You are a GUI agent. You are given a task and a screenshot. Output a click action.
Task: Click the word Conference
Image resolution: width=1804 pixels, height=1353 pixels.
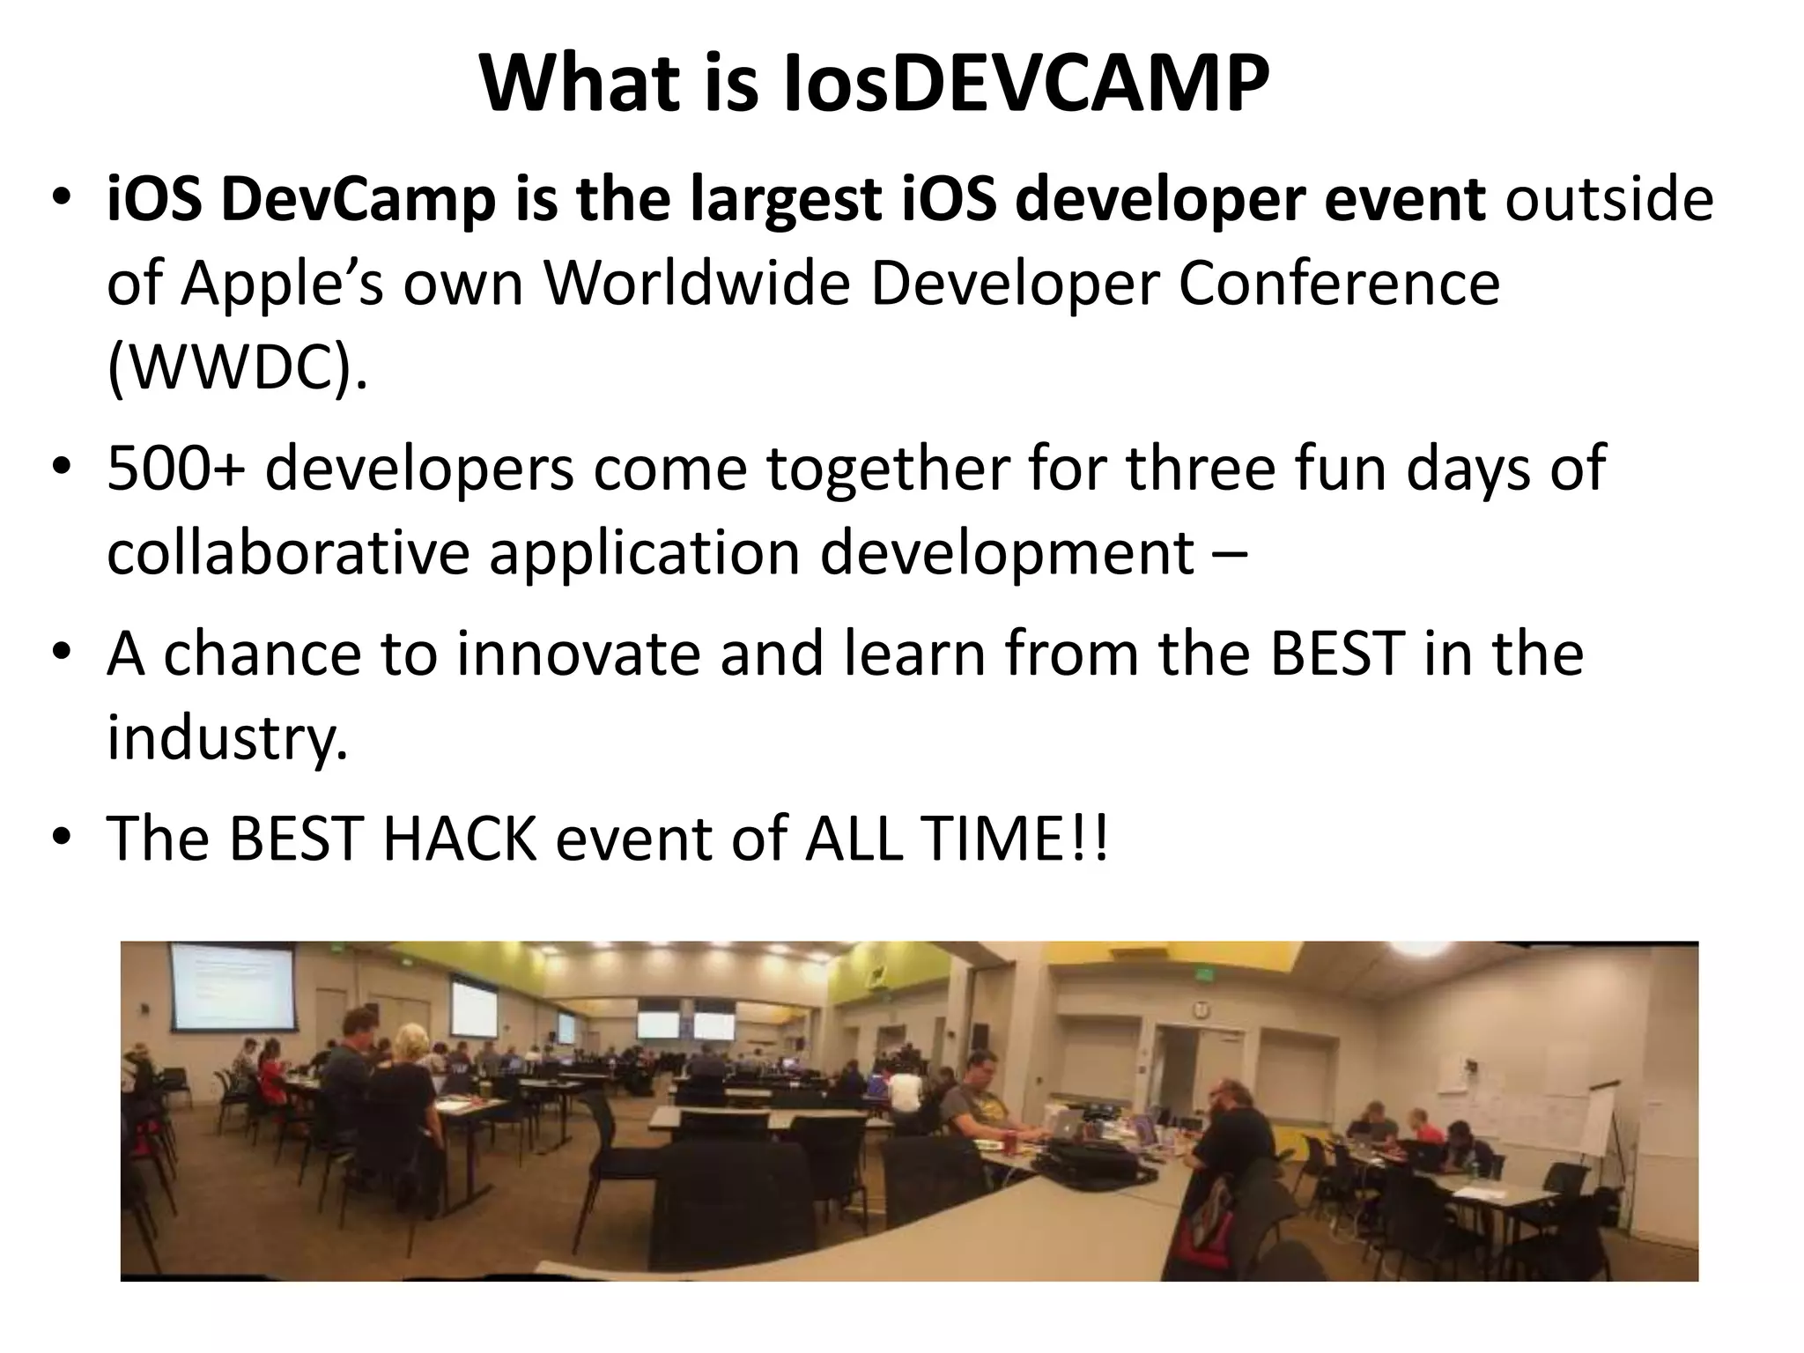point(1339,284)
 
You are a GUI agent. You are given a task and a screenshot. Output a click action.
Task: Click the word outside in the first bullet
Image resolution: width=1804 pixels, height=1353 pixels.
point(1608,200)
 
